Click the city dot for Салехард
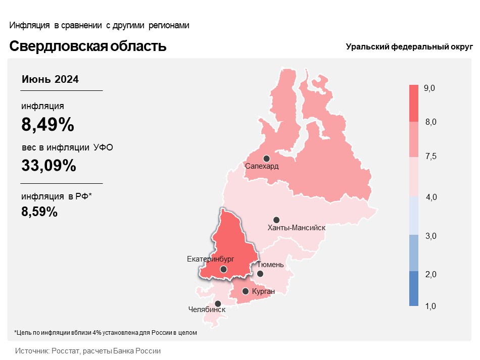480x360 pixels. pyautogui.click(x=267, y=159)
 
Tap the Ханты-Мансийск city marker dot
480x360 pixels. pyautogui.click(x=276, y=220)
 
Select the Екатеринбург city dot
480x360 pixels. pyautogui.click(x=223, y=269)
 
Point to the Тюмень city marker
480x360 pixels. pyautogui.click(x=260, y=274)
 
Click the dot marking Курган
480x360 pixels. pyautogui.click(x=246, y=291)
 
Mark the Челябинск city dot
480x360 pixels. pyautogui.click(x=218, y=304)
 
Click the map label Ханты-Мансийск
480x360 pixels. pyautogui.click(x=297, y=228)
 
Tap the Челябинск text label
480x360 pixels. pyautogui.click(x=207, y=310)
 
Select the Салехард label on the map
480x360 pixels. pyautogui.click(x=262, y=166)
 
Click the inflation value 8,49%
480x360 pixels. pyautogui.click(x=48, y=124)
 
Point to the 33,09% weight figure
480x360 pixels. pyautogui.click(x=49, y=166)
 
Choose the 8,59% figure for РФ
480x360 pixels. pyautogui.click(x=39, y=212)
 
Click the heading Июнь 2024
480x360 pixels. pyautogui.click(x=50, y=79)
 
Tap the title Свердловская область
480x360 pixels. pyautogui.click(x=88, y=46)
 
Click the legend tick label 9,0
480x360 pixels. pyautogui.click(x=429, y=88)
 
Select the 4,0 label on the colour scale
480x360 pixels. pyautogui.click(x=431, y=197)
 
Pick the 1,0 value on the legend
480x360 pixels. pyautogui.click(x=430, y=306)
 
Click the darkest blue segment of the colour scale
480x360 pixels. pyautogui.click(x=414, y=288)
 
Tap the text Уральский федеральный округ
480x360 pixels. pyautogui.click(x=409, y=47)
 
